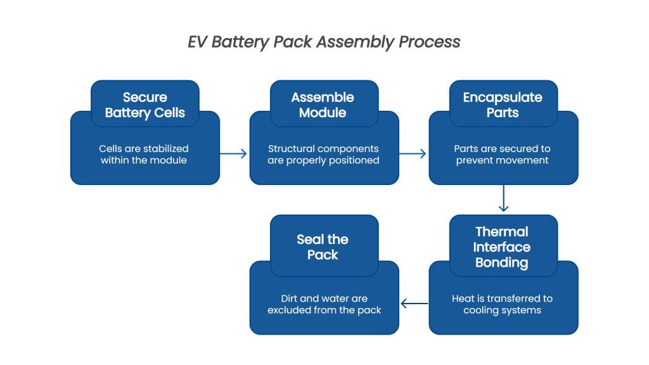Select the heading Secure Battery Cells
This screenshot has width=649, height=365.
145,105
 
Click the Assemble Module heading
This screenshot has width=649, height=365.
323,105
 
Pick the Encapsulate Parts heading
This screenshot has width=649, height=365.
503,105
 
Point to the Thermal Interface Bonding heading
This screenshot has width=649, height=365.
502,247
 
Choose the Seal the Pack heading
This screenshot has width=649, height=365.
323,247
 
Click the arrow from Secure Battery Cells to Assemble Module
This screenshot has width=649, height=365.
234,153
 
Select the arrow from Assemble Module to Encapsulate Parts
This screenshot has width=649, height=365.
413,153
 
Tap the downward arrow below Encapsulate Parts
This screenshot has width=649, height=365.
503,199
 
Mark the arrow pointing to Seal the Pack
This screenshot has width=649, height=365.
414,304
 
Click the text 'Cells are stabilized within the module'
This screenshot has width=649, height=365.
144,155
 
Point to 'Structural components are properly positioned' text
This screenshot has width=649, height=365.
323,155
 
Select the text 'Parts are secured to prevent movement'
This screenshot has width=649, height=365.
503,155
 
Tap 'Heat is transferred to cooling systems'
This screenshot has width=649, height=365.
503,304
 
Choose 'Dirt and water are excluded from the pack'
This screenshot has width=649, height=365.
324,304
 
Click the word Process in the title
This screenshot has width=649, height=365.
429,42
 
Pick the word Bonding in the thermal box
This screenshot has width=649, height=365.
502,262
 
